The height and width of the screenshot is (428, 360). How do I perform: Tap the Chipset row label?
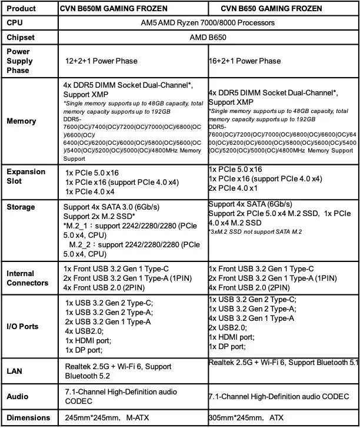coord(21,37)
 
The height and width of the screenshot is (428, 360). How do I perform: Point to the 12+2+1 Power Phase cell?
coord(101,61)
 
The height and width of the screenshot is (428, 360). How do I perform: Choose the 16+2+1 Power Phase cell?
coord(245,61)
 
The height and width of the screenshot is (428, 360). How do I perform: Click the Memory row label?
coord(21,121)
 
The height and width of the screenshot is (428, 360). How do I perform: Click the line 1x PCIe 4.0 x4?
coord(90,191)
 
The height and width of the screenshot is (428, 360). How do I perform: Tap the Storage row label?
coord(21,207)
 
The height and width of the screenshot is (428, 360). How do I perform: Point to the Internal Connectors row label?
coord(27,278)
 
